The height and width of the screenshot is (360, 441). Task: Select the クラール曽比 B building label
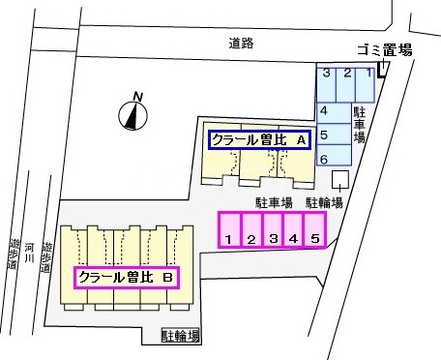[x=126, y=278]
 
